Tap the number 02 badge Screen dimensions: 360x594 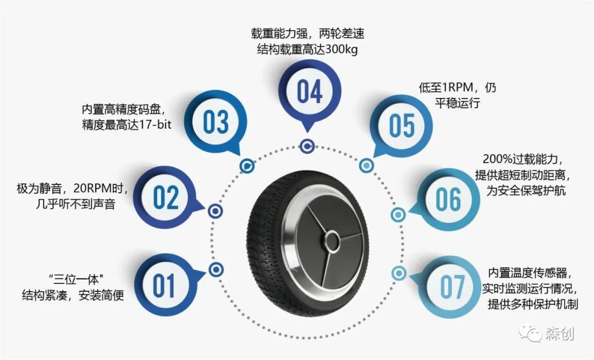(166, 198)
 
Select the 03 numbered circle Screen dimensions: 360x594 (215, 122)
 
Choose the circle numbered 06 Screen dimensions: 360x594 (448, 199)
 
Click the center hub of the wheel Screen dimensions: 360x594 (332, 240)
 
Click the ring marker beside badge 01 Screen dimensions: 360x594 (217, 269)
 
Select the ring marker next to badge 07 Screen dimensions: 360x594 (399, 272)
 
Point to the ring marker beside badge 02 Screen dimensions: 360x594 (215, 211)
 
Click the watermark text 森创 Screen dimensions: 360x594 (560, 334)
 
